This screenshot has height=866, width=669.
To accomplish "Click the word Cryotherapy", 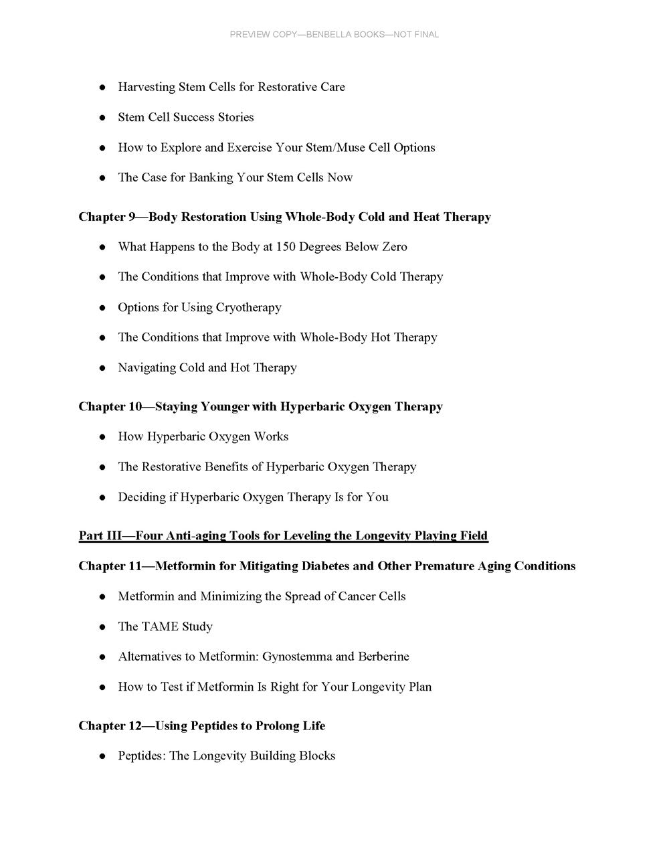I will [x=249, y=308].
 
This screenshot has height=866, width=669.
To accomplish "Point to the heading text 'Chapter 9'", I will [x=107, y=217].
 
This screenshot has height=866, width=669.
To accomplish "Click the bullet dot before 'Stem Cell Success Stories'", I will [x=102, y=118].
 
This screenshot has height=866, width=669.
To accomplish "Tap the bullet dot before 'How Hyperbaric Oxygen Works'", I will [x=102, y=437].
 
